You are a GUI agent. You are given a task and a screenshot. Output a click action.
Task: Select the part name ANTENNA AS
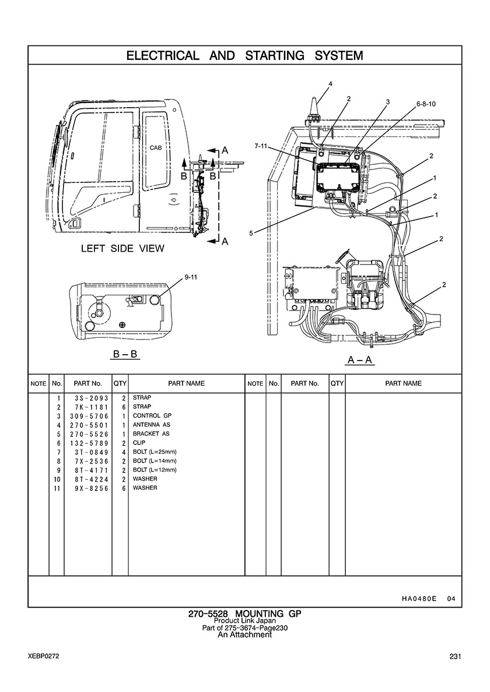tap(152, 425)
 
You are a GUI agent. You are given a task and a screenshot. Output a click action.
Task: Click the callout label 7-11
tap(261, 146)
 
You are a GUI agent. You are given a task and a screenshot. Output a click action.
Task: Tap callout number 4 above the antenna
tap(330, 84)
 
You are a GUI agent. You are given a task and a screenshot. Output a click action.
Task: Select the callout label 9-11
tap(191, 278)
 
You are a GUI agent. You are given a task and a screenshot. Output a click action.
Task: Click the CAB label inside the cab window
tap(156, 148)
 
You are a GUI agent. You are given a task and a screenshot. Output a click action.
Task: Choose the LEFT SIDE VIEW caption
tap(123, 249)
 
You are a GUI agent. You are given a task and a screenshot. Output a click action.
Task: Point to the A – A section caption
tap(360, 361)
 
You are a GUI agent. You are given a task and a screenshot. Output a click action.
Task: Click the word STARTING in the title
tap(275, 56)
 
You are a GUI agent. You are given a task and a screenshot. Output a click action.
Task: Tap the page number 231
tap(456, 656)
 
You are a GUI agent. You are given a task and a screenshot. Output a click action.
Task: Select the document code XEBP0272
tap(43, 656)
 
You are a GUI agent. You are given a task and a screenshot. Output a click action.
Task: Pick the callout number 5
tap(251, 234)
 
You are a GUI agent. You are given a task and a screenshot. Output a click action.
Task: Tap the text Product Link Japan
tap(244, 621)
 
